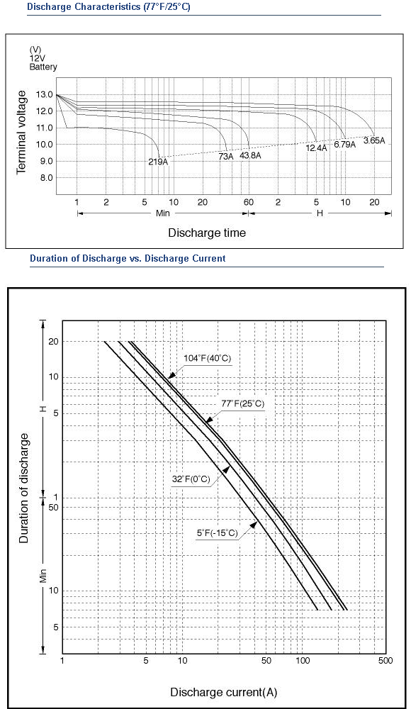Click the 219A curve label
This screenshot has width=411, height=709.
pos(158,162)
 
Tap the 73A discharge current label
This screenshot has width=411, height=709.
pos(226,156)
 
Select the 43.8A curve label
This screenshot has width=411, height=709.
pos(250,155)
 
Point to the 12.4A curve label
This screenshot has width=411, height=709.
pos(316,148)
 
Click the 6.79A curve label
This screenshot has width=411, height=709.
pos(345,145)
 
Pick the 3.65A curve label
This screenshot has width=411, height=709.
pos(374,140)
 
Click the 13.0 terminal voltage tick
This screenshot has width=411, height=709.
pos(45,95)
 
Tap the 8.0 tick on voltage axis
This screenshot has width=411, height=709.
pos(45,178)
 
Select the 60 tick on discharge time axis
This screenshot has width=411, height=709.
pos(249,202)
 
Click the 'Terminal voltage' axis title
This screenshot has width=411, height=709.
pos(21,132)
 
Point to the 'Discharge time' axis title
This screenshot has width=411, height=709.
pos(207,233)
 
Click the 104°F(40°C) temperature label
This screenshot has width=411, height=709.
pos(207,358)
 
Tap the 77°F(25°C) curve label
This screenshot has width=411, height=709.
pos(243,403)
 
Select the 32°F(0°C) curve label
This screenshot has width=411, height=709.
pos(191,479)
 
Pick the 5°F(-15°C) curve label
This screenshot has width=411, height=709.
pos(217,533)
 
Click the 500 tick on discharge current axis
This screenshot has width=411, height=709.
pos(385,661)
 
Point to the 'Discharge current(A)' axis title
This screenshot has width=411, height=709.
pos(223,692)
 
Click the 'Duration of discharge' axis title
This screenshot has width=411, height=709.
pos(24,488)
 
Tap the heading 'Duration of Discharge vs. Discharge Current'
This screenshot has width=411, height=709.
pos(128,259)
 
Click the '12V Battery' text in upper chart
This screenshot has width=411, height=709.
pos(43,63)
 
